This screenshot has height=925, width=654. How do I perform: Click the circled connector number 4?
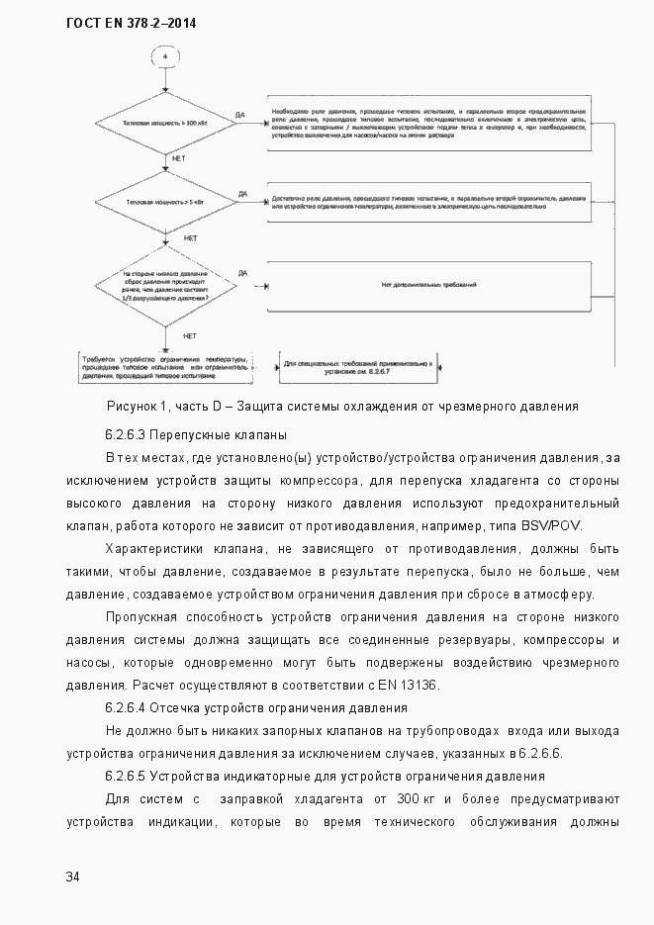[165, 56]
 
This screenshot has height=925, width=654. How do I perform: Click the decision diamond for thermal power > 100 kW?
[165, 124]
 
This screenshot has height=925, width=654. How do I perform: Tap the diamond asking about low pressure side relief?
[165, 286]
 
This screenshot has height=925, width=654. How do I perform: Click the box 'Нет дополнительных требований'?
[429, 285]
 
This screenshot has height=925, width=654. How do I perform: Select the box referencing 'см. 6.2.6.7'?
[358, 368]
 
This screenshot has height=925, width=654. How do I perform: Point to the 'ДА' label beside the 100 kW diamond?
[241, 115]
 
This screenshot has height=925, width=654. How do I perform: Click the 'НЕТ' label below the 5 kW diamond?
[190, 238]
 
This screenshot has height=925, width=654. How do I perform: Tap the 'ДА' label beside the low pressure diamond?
[242, 273]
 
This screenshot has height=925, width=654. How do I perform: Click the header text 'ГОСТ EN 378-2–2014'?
[131, 21]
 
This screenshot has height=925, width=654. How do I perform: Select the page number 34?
[74, 877]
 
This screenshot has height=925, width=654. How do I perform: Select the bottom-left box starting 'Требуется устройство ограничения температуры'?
[166, 368]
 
